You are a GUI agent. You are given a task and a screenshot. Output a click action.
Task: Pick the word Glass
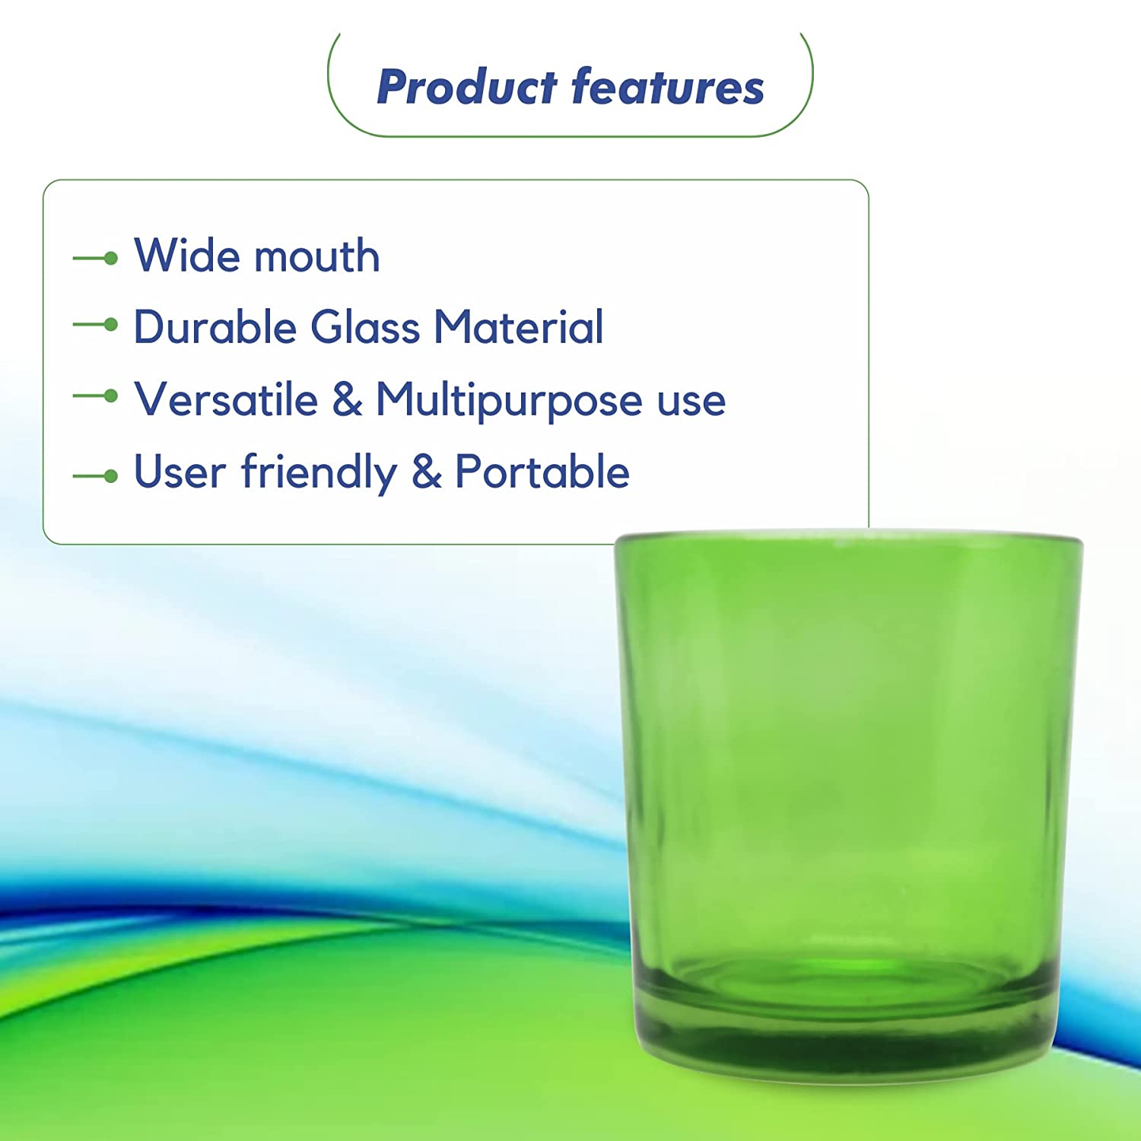click(x=365, y=327)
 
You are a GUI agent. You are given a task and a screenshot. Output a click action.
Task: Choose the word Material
click(x=519, y=327)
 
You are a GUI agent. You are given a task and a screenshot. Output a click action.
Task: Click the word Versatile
click(x=226, y=399)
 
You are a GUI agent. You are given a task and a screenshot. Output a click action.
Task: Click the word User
click(x=180, y=472)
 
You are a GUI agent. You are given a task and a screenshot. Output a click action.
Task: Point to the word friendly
click(x=319, y=473)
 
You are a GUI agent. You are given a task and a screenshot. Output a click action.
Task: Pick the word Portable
click(x=542, y=472)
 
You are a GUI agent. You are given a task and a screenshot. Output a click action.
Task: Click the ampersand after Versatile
click(x=347, y=399)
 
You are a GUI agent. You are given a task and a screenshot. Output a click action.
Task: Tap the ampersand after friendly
click(x=426, y=472)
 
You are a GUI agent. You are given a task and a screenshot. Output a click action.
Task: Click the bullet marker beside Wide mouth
click(x=96, y=259)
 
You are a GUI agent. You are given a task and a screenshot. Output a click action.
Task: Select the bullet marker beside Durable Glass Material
click(x=96, y=325)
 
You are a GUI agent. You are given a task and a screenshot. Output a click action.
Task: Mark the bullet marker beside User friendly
click(x=96, y=477)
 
